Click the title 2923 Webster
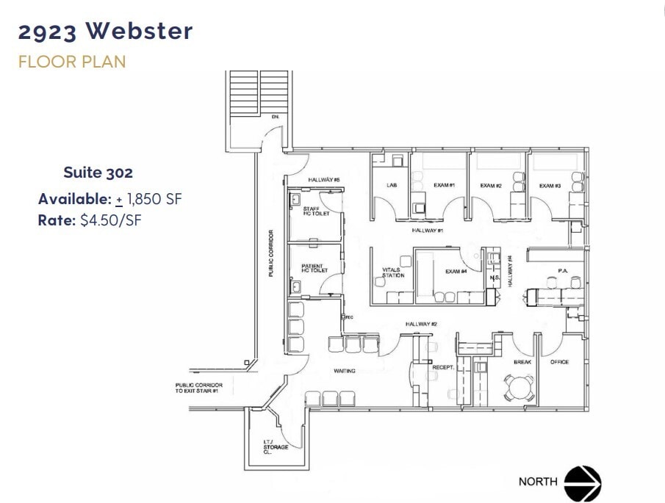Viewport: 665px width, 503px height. (106, 32)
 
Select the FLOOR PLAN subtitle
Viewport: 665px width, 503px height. (72, 62)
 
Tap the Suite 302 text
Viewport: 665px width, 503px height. (98, 173)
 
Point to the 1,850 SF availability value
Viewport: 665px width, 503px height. (154, 198)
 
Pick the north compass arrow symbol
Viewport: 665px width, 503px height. (583, 482)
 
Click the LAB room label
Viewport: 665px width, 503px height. (392, 186)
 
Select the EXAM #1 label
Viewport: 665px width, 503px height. (445, 186)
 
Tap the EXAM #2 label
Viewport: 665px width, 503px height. (491, 186)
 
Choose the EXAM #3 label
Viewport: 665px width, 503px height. (550, 186)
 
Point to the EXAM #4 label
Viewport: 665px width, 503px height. (456, 272)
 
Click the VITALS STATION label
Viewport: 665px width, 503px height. (393, 272)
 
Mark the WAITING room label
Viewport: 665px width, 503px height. (344, 371)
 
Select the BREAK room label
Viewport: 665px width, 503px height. (522, 362)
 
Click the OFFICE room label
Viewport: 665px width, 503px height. (560, 362)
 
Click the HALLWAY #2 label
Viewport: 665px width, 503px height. (422, 324)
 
